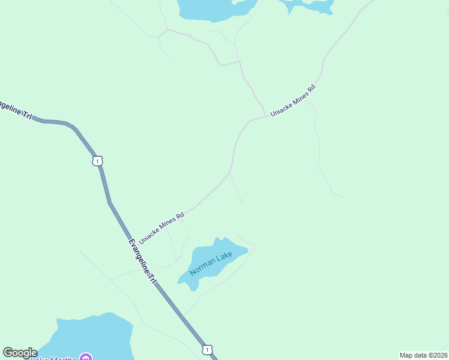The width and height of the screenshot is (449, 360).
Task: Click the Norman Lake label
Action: tap(211, 263)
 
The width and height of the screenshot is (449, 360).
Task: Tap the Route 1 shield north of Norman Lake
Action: tap(98, 161)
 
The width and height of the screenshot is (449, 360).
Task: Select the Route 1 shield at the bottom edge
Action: tap(206, 349)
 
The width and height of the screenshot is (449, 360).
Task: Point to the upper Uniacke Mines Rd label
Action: tap(292, 100)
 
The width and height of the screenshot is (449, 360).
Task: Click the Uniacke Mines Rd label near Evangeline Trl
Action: tap(161, 228)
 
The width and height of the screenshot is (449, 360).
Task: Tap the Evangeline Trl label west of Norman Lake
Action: tap(142, 262)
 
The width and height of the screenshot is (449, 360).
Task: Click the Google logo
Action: tap(20, 353)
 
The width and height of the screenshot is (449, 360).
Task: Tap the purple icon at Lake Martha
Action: tap(85, 358)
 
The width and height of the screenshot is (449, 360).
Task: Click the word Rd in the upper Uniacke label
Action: tap(311, 88)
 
